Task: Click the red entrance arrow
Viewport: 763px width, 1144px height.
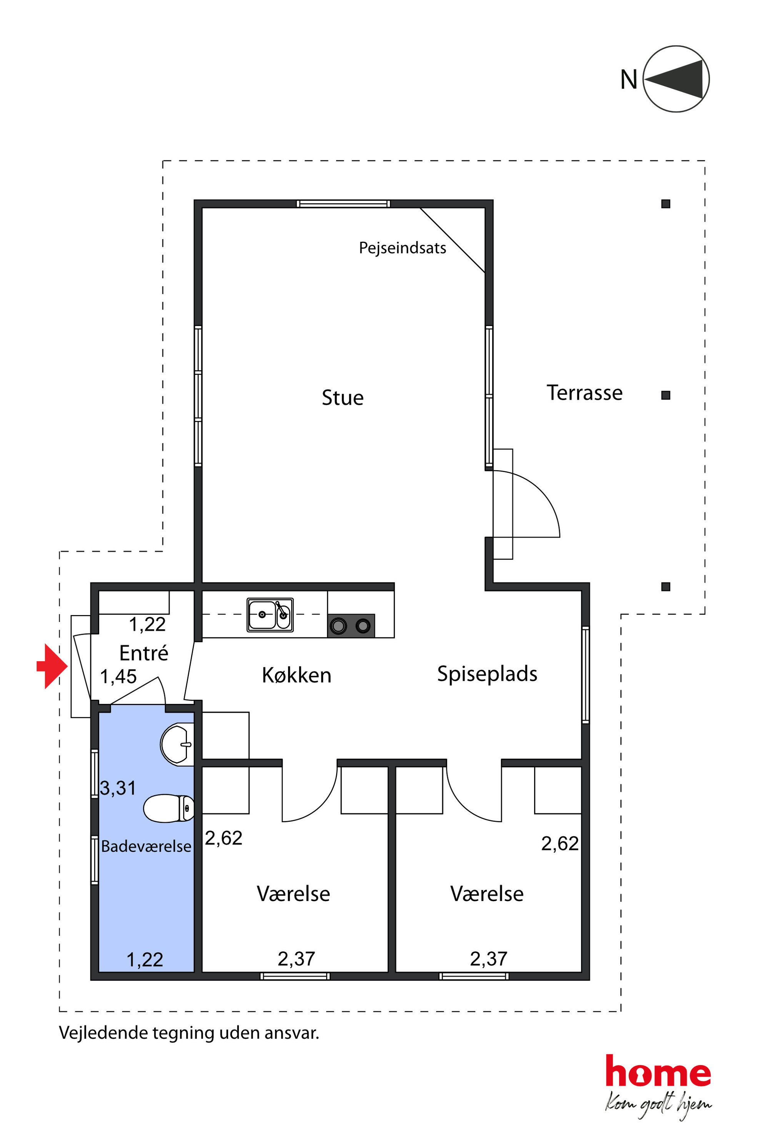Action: [52, 666]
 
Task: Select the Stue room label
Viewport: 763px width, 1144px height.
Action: [343, 397]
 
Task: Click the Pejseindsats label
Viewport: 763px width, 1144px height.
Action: [402, 248]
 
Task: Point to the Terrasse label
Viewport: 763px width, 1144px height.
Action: [585, 392]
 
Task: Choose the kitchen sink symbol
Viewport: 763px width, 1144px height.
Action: [270, 615]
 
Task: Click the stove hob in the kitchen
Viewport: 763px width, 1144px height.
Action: [351, 625]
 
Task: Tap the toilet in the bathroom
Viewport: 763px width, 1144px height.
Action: [168, 808]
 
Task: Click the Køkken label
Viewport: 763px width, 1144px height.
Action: [297, 676]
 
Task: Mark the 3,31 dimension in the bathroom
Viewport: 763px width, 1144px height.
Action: [118, 788]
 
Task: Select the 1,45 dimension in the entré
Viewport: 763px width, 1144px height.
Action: [118, 677]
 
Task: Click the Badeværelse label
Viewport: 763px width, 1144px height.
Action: [146, 846]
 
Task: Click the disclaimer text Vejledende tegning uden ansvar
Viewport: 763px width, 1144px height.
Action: [189, 1033]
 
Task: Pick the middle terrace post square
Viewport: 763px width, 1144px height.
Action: [666, 396]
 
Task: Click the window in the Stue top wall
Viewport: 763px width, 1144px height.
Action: [343, 204]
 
